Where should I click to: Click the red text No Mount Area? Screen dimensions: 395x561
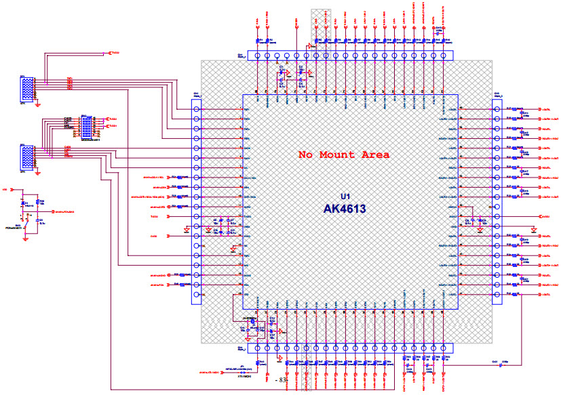pos(344,154)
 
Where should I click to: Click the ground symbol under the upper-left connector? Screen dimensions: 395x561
pos(38,104)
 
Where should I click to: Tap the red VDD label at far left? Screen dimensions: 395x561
pos(5,190)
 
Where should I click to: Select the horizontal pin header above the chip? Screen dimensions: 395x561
pos(350,56)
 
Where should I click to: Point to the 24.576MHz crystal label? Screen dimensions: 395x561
pos(250,318)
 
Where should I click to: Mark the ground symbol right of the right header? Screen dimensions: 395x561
pos(534,230)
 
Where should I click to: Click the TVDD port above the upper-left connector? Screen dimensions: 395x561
pos(115,52)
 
